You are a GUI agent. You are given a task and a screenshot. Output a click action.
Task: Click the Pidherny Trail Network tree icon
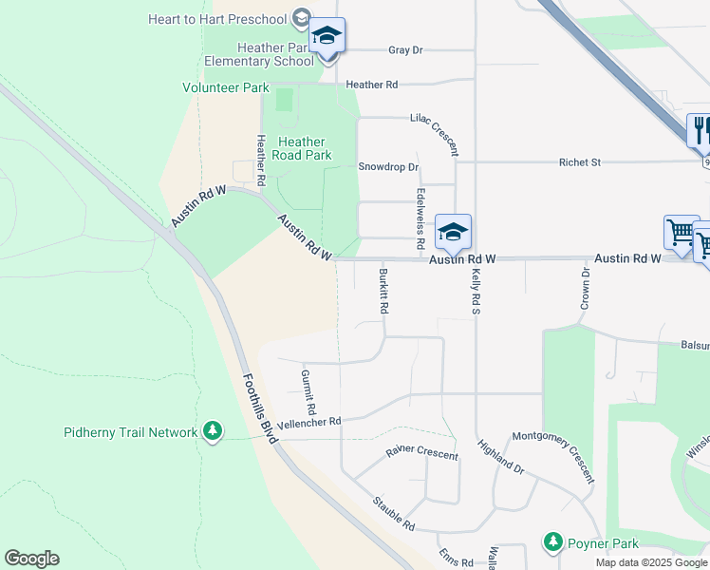click(213, 432)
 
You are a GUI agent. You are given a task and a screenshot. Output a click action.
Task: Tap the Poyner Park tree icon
click(552, 542)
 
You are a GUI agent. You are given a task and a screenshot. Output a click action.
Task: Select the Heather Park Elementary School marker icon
click(327, 37)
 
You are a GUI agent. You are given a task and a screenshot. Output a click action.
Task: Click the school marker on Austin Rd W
click(454, 233)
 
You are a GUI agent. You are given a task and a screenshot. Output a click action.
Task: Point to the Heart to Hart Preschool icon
click(302, 18)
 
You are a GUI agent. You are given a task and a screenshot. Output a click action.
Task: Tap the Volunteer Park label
click(226, 87)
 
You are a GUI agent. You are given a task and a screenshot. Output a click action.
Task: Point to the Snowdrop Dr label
click(388, 167)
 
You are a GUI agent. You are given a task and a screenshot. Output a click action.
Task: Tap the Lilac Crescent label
click(435, 135)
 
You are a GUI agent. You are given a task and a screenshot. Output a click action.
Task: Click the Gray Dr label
click(405, 50)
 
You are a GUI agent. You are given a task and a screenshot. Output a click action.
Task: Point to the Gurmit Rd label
click(308, 391)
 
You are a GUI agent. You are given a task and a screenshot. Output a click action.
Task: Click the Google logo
click(31, 559)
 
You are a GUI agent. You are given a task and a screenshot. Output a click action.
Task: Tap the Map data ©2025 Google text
click(651, 562)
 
